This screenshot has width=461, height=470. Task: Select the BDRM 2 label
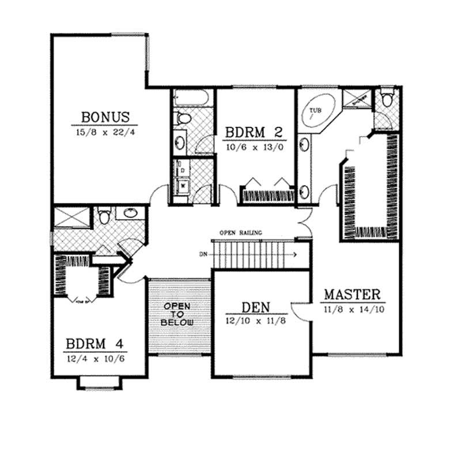coord(254,132)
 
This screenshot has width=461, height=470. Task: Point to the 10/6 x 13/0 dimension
coord(254,147)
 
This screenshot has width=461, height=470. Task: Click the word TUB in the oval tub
coord(315,109)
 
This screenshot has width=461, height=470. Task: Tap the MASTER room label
coord(352,294)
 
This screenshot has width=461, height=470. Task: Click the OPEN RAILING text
coord(240,232)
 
